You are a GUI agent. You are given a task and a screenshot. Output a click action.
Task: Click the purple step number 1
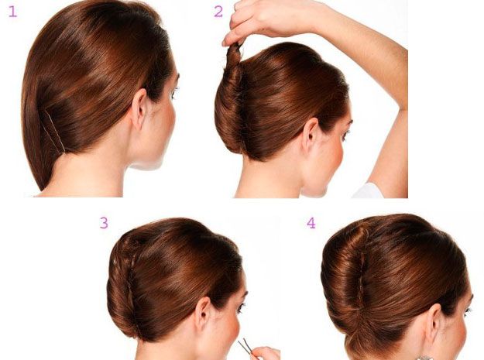(x=12, y=12)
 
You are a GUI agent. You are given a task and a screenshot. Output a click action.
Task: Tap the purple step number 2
(x=218, y=12)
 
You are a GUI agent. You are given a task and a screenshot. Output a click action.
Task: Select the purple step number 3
(x=104, y=223)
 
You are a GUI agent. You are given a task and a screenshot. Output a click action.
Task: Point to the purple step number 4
(x=311, y=223)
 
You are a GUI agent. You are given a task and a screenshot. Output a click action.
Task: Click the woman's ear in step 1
(x=139, y=108)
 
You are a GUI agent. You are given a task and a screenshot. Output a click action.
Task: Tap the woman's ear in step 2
(x=310, y=135)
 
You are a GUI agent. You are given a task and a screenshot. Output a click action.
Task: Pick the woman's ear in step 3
(x=202, y=314)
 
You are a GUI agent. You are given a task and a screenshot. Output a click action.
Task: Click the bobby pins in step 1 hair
(x=55, y=131)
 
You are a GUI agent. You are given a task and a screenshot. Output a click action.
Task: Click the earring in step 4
(x=424, y=358)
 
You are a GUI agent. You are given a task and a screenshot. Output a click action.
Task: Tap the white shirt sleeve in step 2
(x=367, y=190)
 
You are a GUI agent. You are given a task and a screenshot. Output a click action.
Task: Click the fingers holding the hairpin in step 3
(x=265, y=354)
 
